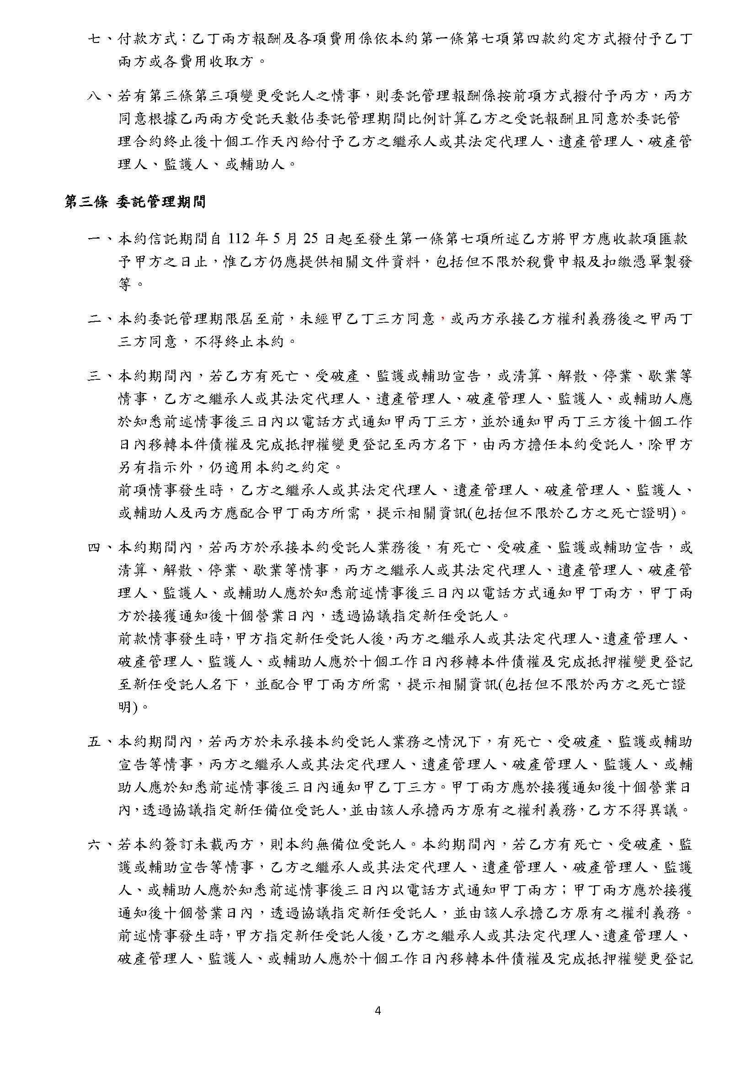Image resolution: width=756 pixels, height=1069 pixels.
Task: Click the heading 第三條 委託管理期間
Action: [135, 202]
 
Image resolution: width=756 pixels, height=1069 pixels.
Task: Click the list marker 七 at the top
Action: [95, 39]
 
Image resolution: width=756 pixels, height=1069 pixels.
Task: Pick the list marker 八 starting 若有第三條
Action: [95, 96]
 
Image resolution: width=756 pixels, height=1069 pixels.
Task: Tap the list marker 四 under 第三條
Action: [95, 548]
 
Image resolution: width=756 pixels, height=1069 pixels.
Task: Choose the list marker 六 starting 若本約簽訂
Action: [95, 845]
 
